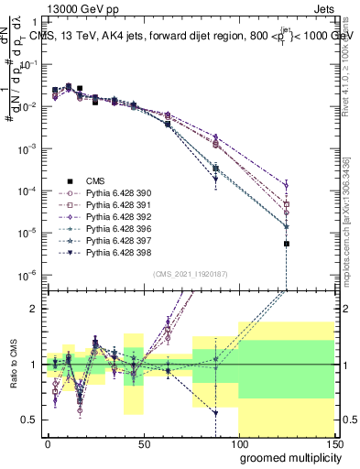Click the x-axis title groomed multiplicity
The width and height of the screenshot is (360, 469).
pos(286,457)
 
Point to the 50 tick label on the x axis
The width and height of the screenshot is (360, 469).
pos(143,442)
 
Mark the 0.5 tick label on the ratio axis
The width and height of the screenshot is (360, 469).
pos(28,420)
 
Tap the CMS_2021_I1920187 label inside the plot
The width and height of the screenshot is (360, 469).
pos(190,274)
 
